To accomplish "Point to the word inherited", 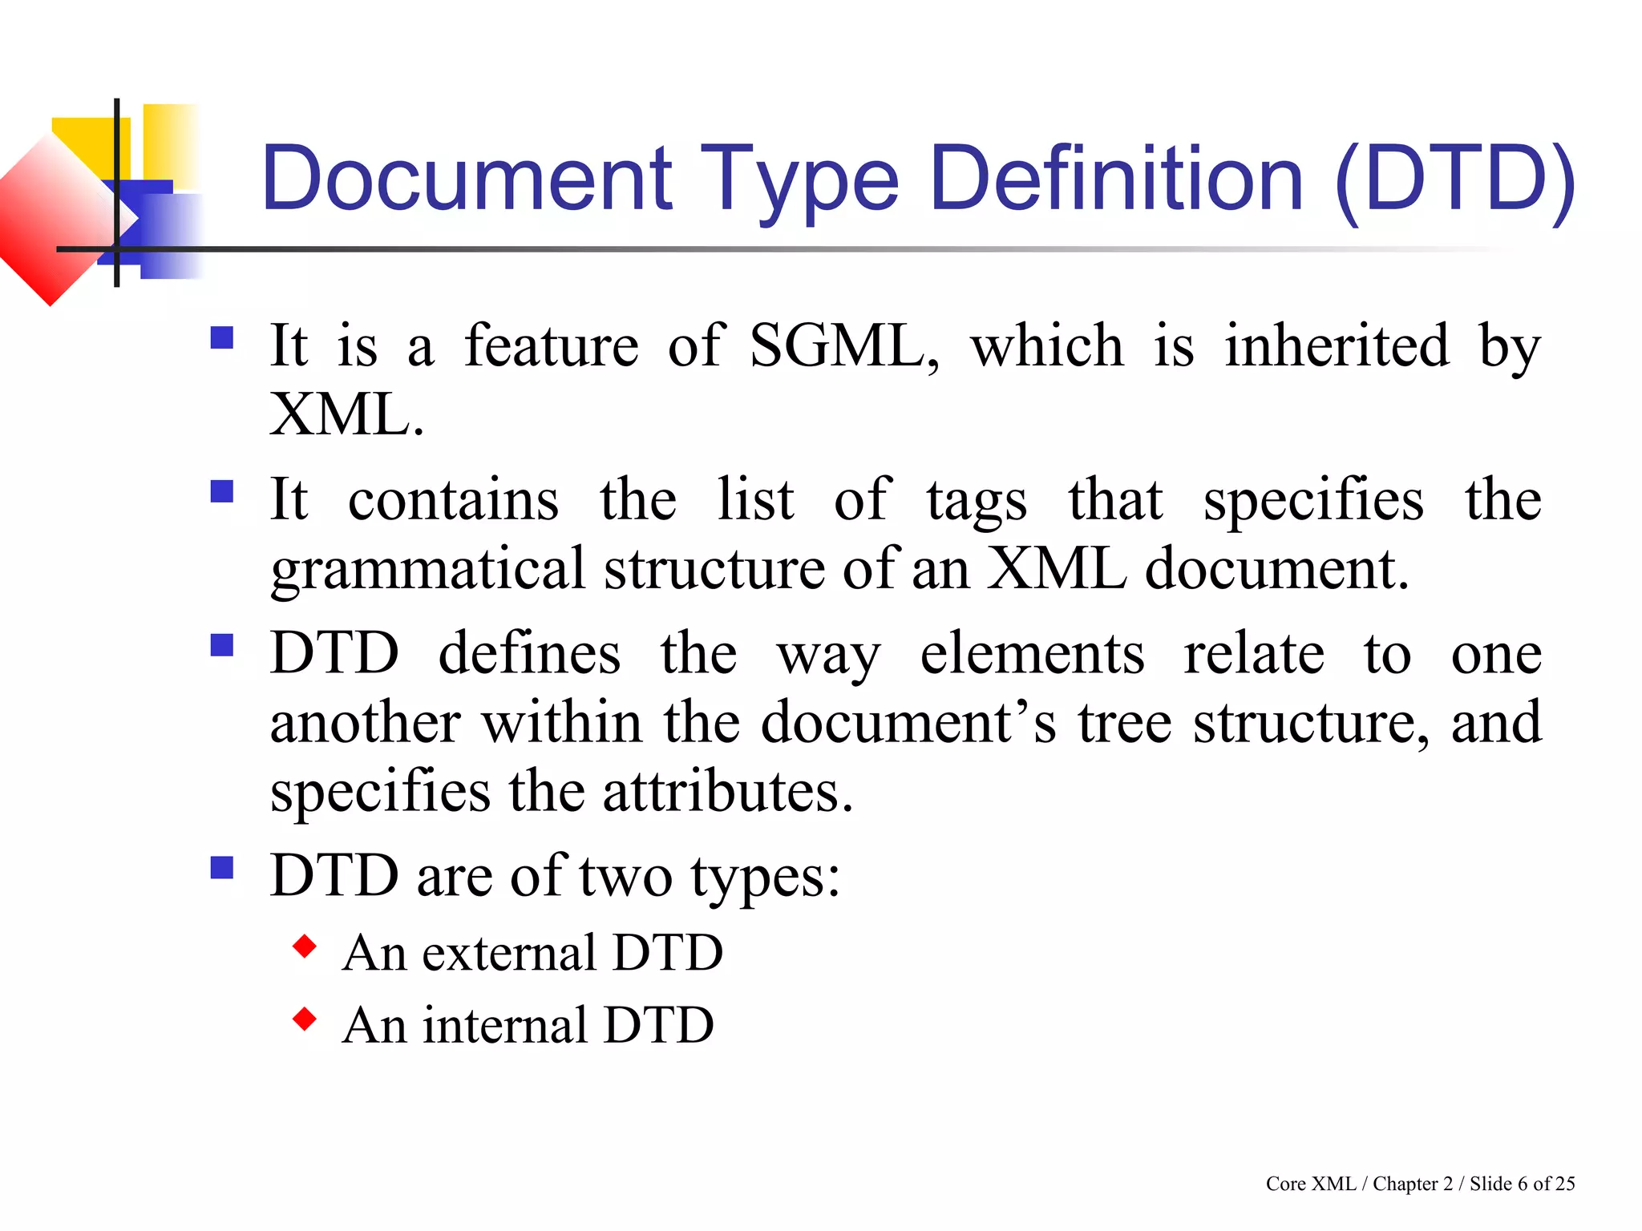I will point(1337,346).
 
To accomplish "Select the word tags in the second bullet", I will point(977,500).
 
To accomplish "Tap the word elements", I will point(1032,653).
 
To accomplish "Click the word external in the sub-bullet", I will point(508,953).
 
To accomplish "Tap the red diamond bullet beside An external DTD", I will point(305,946).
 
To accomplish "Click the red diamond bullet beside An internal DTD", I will point(305,1019).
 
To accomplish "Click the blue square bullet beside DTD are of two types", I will point(222,868).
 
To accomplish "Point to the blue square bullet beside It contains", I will point(222,490).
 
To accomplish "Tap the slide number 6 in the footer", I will point(1523,1184).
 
